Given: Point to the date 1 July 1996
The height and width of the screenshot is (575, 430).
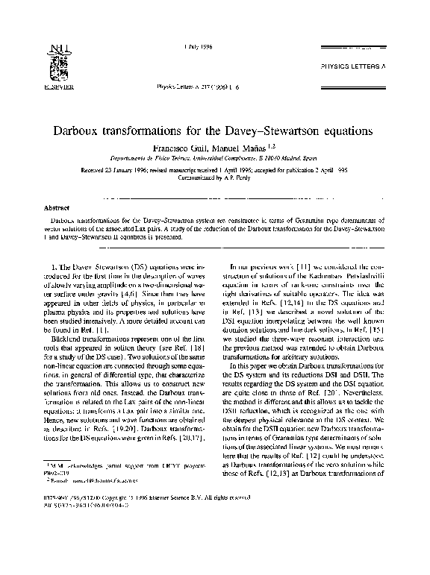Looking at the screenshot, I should coord(197,47).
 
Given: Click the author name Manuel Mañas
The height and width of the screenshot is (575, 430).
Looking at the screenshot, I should coord(243,148).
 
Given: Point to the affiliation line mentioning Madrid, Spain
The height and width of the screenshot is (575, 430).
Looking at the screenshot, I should coord(214,160).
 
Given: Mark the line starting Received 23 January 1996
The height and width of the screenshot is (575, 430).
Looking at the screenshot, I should coord(214,170).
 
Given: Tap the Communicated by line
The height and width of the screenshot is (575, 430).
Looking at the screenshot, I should coord(214,179).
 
